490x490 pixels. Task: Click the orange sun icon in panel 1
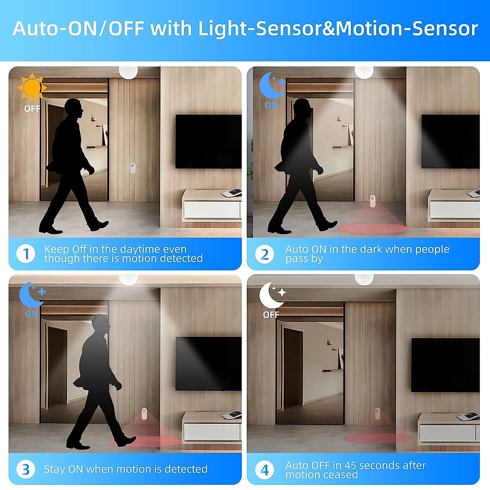pos(32,87)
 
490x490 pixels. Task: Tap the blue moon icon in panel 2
pos(271,85)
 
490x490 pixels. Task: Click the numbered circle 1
pos(26,254)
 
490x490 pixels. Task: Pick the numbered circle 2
pos(264,254)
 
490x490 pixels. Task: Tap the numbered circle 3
pos(26,470)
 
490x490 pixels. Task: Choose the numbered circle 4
pos(264,470)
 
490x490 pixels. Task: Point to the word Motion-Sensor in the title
pos(406,29)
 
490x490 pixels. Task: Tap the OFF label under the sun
pos(32,109)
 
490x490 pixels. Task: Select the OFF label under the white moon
pos(271,315)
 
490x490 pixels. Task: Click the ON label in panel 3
pos(31,314)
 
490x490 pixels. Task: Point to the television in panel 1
pos(208,141)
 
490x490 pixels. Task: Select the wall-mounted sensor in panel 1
pos(133,169)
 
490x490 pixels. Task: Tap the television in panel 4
pos(445,365)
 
